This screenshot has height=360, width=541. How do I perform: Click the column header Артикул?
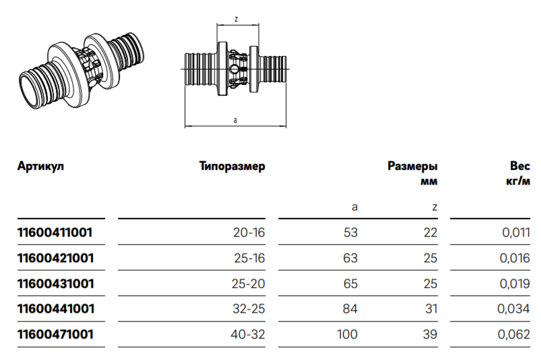[x=40, y=166]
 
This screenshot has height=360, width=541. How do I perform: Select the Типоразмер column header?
[x=232, y=166]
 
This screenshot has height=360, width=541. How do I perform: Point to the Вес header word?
[x=519, y=166]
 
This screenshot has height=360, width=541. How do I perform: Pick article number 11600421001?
[x=55, y=258]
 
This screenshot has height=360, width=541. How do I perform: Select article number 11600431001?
[x=55, y=283]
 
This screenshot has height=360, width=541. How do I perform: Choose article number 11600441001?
[x=55, y=309]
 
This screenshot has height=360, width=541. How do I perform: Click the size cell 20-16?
[x=250, y=233]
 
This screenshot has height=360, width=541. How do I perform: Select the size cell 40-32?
[x=249, y=334]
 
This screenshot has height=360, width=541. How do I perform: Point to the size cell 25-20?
[x=249, y=283]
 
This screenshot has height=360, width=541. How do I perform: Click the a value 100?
[x=348, y=334]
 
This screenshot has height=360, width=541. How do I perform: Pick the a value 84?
[x=350, y=309]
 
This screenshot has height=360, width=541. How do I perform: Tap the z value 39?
[x=431, y=334]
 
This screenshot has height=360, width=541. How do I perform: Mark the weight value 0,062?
[x=515, y=334]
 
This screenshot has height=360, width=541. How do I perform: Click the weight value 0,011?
[x=516, y=233]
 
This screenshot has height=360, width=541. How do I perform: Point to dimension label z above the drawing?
[x=236, y=20]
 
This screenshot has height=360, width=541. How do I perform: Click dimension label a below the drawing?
[x=235, y=119]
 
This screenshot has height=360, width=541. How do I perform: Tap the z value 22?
[x=431, y=233]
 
